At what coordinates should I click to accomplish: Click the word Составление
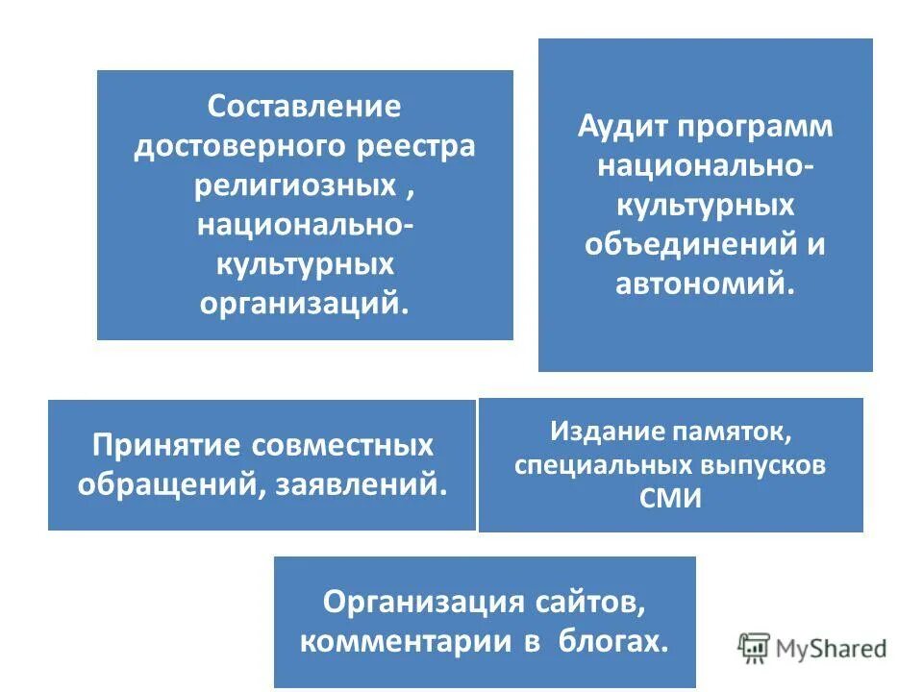point(305,105)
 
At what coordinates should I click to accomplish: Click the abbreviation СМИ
point(670,497)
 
